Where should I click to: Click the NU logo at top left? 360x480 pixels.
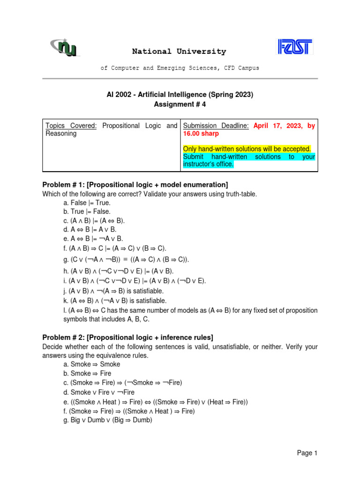pyautogui.click(x=65, y=47)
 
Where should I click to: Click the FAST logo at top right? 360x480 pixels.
pyautogui.click(x=295, y=47)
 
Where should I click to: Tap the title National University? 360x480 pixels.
pyautogui.click(x=179, y=52)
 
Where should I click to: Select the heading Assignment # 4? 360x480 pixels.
pyautogui.click(x=180, y=105)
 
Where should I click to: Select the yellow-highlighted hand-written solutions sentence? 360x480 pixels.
pyautogui.click(x=247, y=149)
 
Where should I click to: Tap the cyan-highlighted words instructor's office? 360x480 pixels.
pyautogui.click(x=208, y=165)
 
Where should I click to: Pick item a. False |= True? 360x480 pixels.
pyautogui.click(x=87, y=203)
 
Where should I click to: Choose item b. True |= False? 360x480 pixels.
pyautogui.click(x=87, y=212)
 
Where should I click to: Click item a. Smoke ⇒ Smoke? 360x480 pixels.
pyautogui.click(x=91, y=364)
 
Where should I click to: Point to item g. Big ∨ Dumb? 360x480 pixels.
pyautogui.click(x=107, y=420)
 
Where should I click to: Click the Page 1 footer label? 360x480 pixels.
pyautogui.click(x=307, y=453)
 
